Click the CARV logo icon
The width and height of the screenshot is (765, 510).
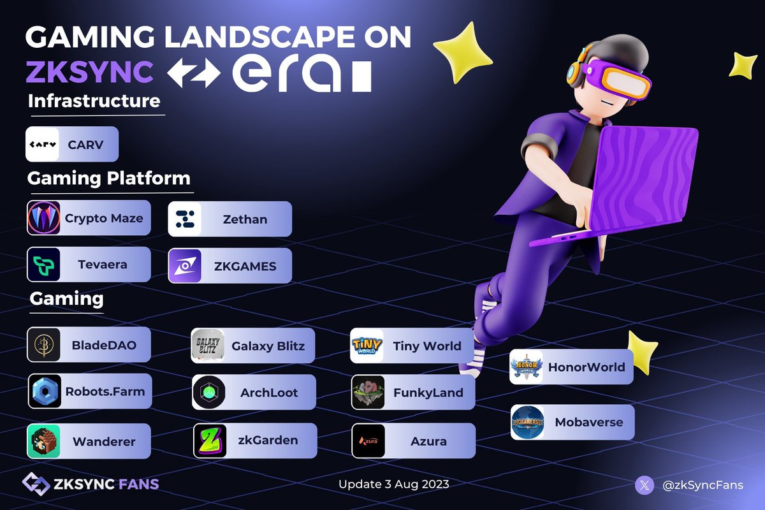pos(43,144)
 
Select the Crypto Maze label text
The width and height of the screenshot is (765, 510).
pos(104,219)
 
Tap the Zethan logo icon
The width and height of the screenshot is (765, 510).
pos(185,219)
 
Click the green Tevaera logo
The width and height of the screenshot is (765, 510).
pos(43,265)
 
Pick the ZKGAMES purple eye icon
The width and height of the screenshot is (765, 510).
pos(185,266)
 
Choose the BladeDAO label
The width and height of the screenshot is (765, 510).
pos(104,346)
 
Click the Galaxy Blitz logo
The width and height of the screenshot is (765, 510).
pos(208,346)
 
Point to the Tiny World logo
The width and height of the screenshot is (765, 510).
pos(368,346)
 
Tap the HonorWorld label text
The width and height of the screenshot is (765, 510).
pos(586,367)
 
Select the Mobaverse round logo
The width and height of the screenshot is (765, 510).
pos(528,422)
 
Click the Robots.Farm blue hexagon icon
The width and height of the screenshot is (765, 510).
pos(45,391)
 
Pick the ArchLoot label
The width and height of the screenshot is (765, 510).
pos(269,393)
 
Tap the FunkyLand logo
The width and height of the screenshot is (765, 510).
pos(368,392)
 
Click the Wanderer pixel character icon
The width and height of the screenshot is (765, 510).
pos(44,441)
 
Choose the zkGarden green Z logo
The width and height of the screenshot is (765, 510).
pos(209,441)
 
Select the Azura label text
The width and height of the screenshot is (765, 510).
pos(428,441)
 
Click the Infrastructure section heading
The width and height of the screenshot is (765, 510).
pos(94,101)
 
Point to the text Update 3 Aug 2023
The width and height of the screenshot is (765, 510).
pos(393,484)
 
